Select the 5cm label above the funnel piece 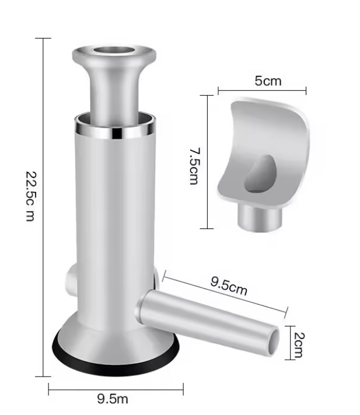click(x=268, y=80)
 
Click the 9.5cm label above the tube click(x=229, y=286)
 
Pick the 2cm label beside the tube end click(x=298, y=344)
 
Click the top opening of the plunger click(x=114, y=51)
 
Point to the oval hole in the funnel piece click(x=259, y=174)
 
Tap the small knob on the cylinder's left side click(x=72, y=279)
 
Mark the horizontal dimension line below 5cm click(x=262, y=90)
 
